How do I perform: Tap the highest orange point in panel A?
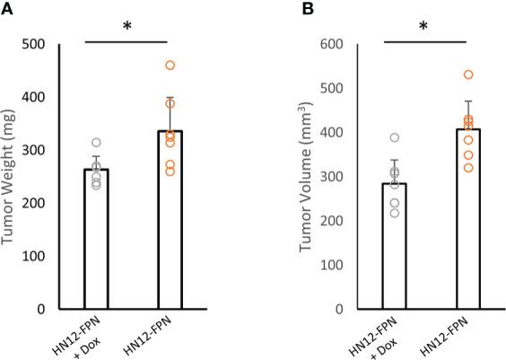click(x=170, y=65)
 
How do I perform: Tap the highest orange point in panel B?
click(x=468, y=75)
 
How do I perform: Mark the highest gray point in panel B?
click(x=395, y=137)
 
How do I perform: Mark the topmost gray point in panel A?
click(x=96, y=142)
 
